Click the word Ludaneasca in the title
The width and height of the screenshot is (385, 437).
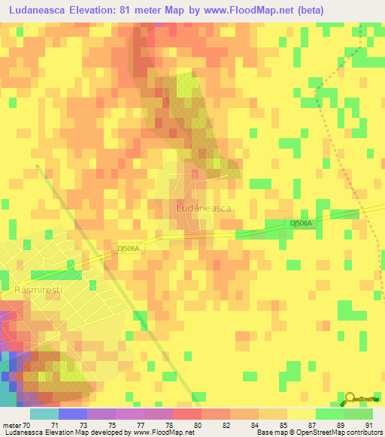coord(42,11)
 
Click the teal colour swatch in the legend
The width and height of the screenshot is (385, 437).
coord(44,414)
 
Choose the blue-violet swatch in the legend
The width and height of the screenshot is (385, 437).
coord(72,414)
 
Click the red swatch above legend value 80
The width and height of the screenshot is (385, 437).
coord(186,414)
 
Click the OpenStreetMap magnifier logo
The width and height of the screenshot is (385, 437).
coord(351,398)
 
